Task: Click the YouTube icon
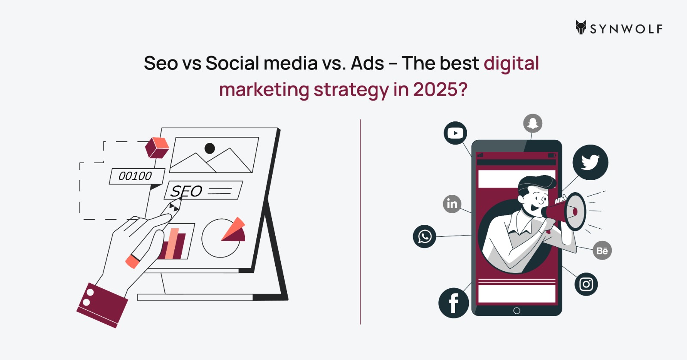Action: [x=455, y=133]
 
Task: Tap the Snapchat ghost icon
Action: [x=533, y=123]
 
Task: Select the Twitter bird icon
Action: [x=590, y=162]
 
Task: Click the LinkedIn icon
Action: [x=452, y=204]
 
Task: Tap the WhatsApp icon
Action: [x=425, y=236]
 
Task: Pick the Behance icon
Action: [x=602, y=250]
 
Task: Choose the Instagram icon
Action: [x=586, y=284]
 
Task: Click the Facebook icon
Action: [x=453, y=303]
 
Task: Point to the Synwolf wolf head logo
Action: [x=581, y=27]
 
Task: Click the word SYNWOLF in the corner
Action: [x=626, y=29]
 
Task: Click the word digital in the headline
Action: [x=511, y=64]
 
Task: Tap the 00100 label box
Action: [x=137, y=176]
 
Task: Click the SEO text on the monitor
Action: [x=186, y=191]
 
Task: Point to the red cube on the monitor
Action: [x=157, y=148]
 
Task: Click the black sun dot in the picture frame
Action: [x=210, y=148]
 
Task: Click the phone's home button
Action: [x=517, y=311]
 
